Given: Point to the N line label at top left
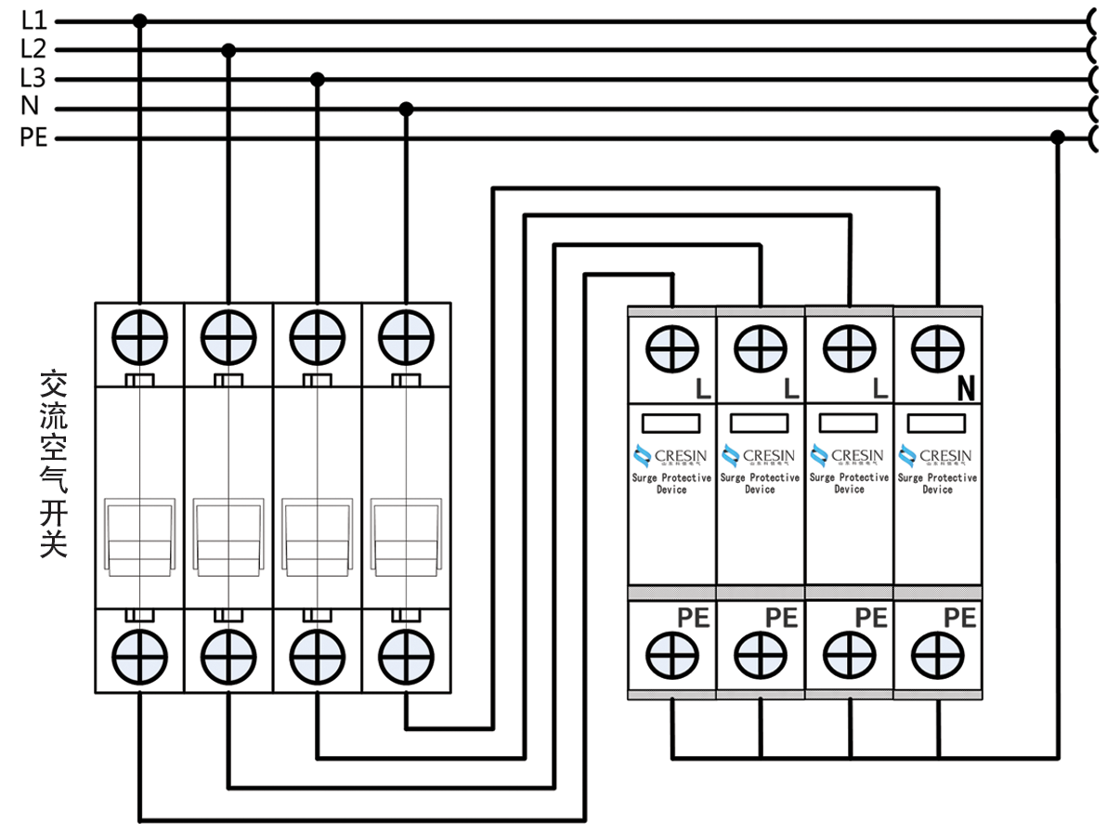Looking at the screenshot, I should point(30,109).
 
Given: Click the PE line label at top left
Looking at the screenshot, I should point(33,138).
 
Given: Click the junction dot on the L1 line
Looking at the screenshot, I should point(140,20).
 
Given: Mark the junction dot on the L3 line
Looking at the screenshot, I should point(318,80).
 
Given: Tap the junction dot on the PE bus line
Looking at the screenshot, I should point(1057,137).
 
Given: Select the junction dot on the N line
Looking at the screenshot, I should point(406,110).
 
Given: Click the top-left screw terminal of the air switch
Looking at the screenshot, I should point(140,334).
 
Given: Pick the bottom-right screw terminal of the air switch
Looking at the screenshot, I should point(406,655).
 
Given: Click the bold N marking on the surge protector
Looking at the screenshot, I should point(966,388).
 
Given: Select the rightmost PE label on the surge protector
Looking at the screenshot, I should point(959,618).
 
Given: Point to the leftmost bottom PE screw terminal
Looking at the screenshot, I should point(671,656).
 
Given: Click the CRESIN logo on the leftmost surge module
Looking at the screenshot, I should point(671,456).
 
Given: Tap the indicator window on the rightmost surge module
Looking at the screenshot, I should point(937,424).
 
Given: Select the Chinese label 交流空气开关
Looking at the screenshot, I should point(54,464).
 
